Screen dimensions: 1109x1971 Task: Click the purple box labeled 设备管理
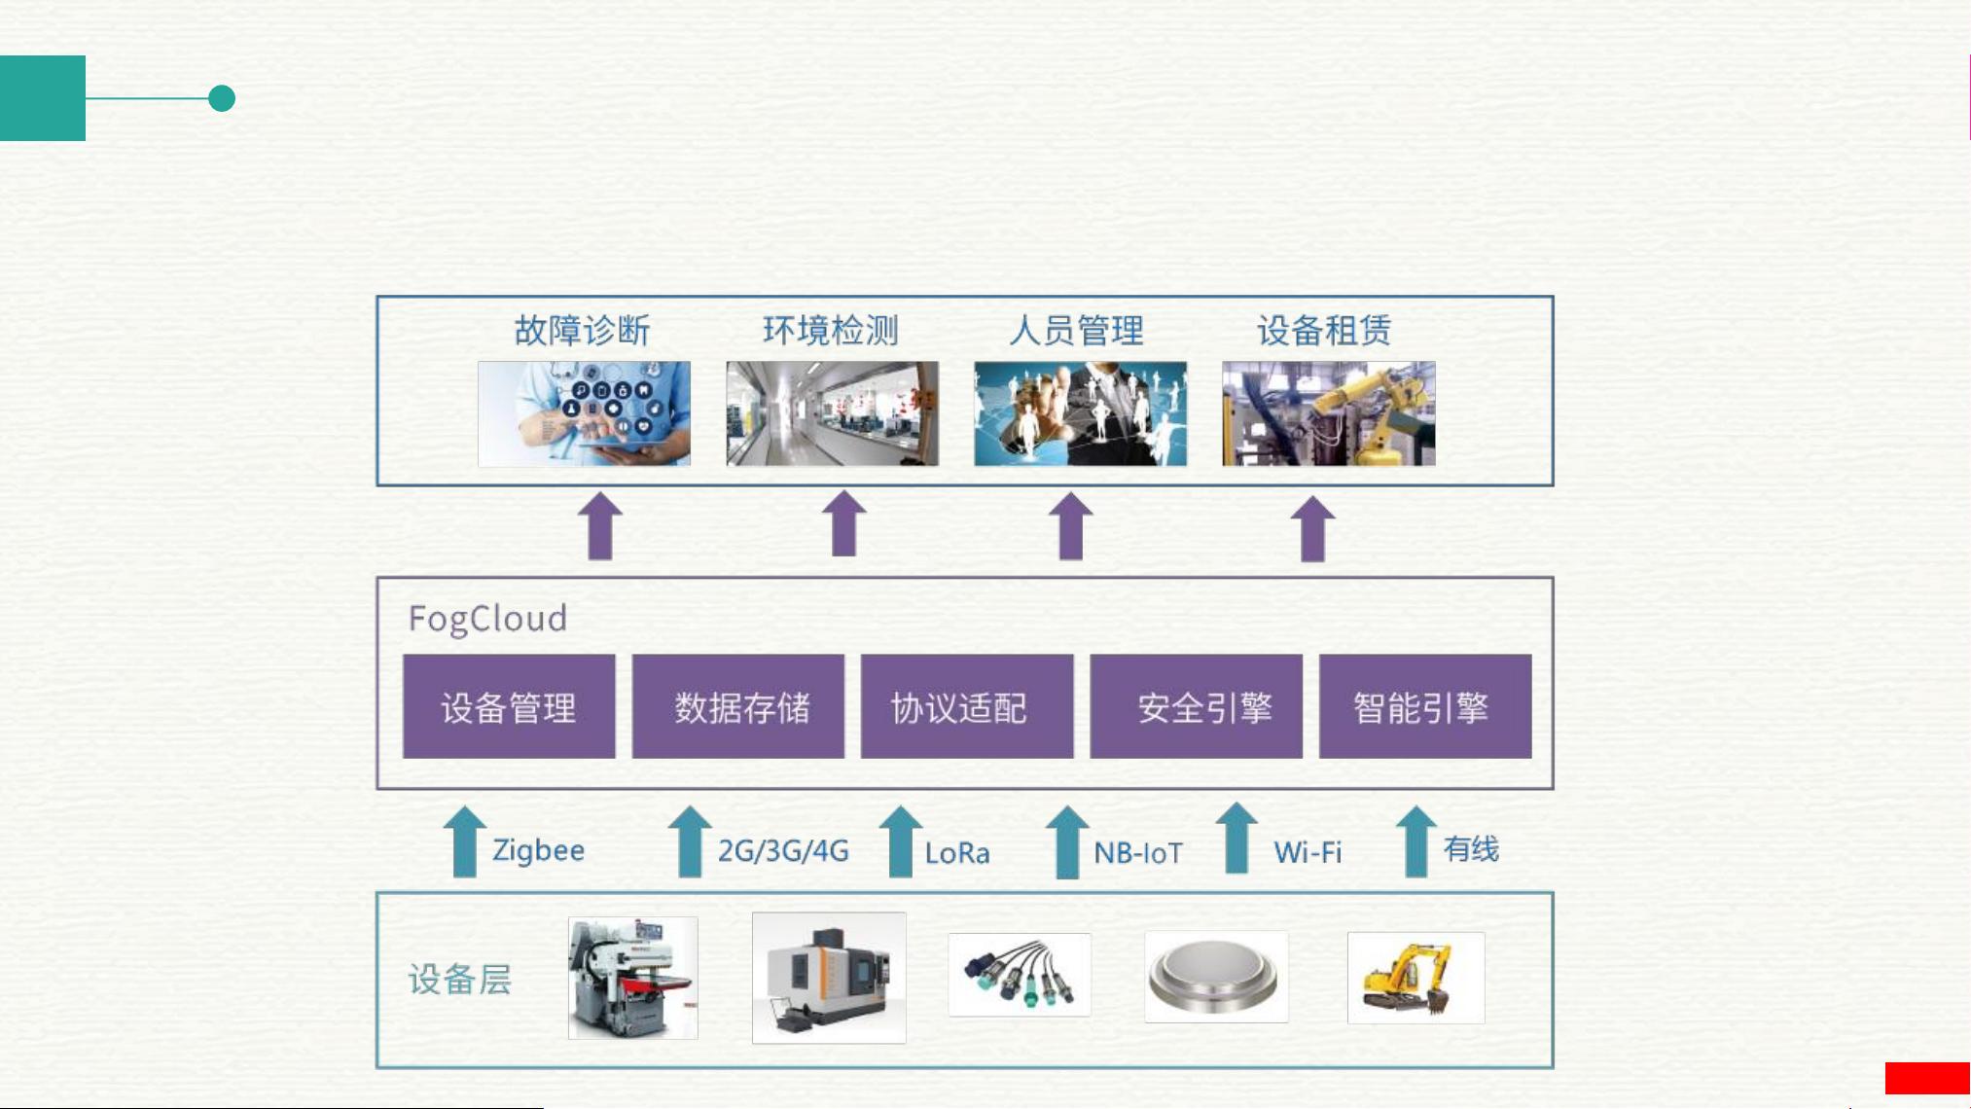click(x=509, y=706)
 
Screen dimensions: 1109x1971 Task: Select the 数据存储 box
click(x=738, y=706)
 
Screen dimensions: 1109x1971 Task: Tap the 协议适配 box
click(x=967, y=706)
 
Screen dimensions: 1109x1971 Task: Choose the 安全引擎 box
click(x=1196, y=706)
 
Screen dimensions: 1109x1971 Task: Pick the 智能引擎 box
click(x=1425, y=706)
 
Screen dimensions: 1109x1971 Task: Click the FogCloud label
click(x=487, y=619)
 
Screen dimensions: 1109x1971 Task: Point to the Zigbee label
click(x=538, y=850)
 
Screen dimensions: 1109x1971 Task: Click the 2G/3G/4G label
click(x=783, y=850)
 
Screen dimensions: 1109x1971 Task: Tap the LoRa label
click(x=957, y=853)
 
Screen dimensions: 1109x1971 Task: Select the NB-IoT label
click(x=1138, y=853)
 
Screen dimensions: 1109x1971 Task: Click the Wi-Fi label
click(x=1308, y=853)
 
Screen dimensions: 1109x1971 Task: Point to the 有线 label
click(x=1471, y=848)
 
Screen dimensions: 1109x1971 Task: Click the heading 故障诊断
click(x=582, y=331)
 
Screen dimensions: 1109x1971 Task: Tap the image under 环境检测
click(x=832, y=413)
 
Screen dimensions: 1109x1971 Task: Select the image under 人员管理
click(x=1080, y=413)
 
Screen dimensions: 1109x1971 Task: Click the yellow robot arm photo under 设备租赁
click(x=1328, y=413)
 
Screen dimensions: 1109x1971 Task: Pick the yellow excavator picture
click(x=1416, y=978)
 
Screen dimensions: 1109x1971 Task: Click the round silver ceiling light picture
click(x=1216, y=977)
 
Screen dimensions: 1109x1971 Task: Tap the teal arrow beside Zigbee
click(x=465, y=841)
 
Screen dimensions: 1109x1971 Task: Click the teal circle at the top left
click(x=222, y=98)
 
